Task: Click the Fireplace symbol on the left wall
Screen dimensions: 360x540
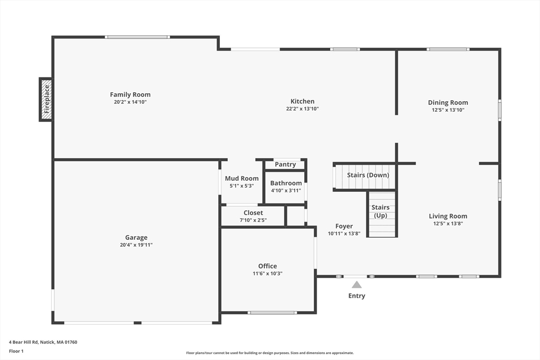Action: tap(46, 99)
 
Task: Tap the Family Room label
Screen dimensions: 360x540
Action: tap(130, 95)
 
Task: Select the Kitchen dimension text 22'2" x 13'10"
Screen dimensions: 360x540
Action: tap(302, 109)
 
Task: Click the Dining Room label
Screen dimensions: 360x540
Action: tap(448, 103)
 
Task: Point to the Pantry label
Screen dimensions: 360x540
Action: tap(285, 164)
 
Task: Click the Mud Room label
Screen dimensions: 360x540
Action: tap(242, 179)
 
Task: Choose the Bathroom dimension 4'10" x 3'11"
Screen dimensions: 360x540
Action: tap(286, 191)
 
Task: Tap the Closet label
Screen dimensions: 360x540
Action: tap(253, 213)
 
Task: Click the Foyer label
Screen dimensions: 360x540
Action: tap(344, 227)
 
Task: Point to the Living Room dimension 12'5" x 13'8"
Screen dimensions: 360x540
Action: tap(448, 223)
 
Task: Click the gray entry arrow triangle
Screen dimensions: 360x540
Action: tap(356, 285)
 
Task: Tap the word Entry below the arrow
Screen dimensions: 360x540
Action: tap(356, 296)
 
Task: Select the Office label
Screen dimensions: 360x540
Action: tap(267, 266)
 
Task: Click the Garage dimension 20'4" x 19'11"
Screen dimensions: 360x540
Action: tap(136, 245)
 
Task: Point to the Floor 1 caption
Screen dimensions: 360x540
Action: tap(16, 351)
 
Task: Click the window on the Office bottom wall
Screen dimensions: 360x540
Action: tap(272, 313)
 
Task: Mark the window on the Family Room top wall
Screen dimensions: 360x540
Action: tap(137, 37)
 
